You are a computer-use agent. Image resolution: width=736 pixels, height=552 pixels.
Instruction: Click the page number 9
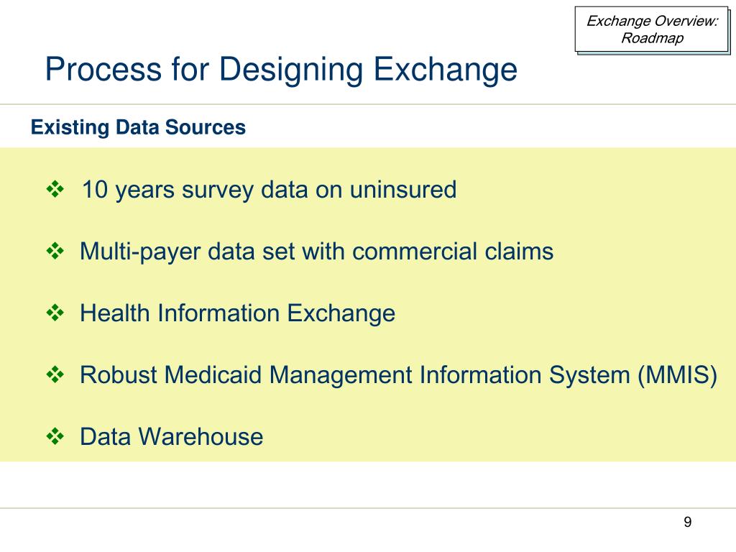[x=688, y=523]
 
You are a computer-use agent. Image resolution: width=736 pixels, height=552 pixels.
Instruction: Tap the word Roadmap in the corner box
[x=652, y=38]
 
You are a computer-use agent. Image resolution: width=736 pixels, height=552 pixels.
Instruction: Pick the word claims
[x=523, y=252]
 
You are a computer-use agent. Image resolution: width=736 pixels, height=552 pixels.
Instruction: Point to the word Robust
[x=119, y=375]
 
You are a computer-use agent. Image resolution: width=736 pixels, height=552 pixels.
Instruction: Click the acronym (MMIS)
[x=677, y=375]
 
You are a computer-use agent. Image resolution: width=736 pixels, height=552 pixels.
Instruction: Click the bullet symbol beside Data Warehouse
[x=55, y=436]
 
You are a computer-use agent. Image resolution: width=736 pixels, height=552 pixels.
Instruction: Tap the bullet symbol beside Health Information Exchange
[x=55, y=313]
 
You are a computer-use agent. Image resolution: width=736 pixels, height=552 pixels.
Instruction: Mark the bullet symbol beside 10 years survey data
[x=55, y=190]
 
